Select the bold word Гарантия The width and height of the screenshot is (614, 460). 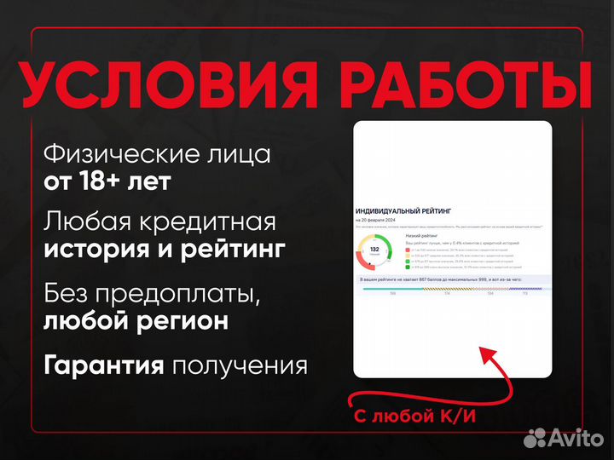click(103, 366)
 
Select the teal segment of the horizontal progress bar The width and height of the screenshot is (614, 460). click(392, 289)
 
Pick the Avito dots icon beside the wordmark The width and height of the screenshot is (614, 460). click(536, 438)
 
